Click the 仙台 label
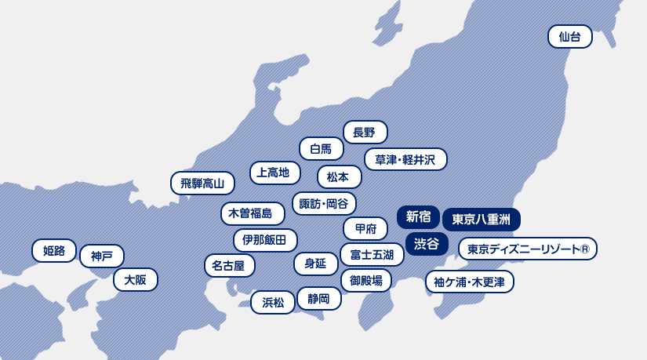click(x=570, y=37)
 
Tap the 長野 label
click(x=365, y=133)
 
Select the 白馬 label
click(x=322, y=148)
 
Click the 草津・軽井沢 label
click(x=405, y=160)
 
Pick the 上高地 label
click(x=274, y=173)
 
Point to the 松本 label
click(x=339, y=177)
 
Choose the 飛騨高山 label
click(x=202, y=184)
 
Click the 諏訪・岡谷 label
click(x=324, y=204)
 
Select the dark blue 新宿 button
click(x=418, y=217)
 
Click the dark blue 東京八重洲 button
click(x=482, y=220)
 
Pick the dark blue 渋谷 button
click(x=427, y=244)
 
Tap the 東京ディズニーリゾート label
click(x=527, y=249)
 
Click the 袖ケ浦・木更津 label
click(x=470, y=282)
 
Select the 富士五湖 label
click(x=372, y=254)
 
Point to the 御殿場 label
click(x=365, y=280)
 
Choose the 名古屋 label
click(x=229, y=266)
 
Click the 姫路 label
click(x=54, y=251)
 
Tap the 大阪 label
click(x=136, y=280)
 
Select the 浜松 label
click(x=273, y=302)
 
